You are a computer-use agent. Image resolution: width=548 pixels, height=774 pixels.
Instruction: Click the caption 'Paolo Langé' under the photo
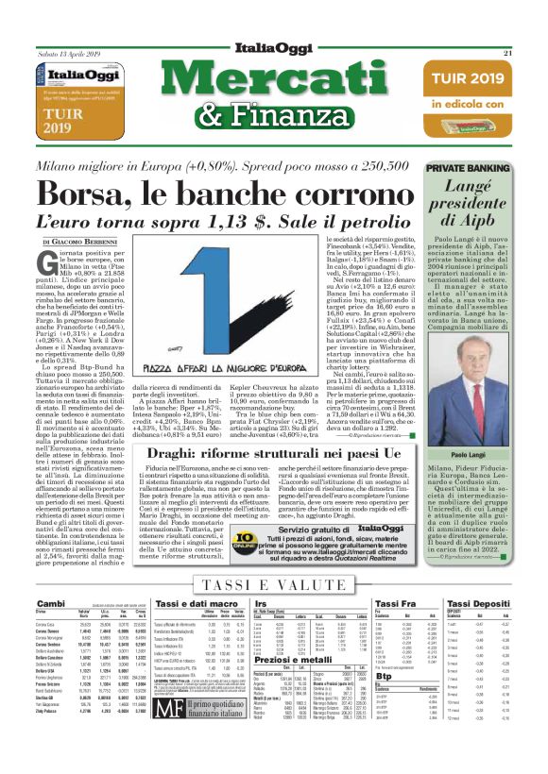[x=485, y=427]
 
